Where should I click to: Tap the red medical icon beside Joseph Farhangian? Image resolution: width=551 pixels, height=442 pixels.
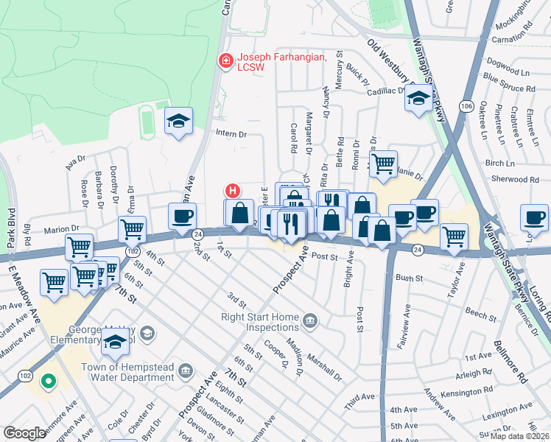pyautogui.click(x=225, y=60)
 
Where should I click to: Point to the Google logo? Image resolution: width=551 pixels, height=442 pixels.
pyautogui.click(x=24, y=433)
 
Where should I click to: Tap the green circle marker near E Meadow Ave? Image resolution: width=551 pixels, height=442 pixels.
pyautogui.click(x=49, y=382)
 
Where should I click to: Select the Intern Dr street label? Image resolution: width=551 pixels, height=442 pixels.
pyautogui.click(x=231, y=134)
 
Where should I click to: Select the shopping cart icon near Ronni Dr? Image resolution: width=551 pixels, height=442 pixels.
pyautogui.click(x=382, y=165)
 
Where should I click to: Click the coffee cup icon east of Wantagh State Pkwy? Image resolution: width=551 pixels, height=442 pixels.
pyautogui.click(x=533, y=217)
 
